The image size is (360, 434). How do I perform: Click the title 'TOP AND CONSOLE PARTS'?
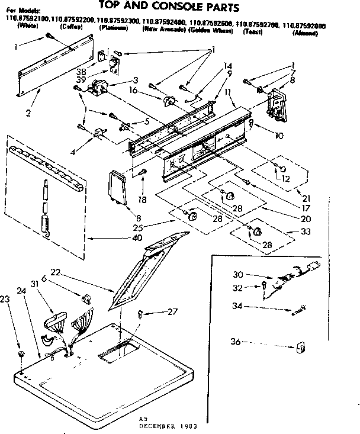(x=168, y=8)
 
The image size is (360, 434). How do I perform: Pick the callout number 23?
(x=7, y=300)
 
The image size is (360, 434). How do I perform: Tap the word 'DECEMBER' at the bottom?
(x=160, y=426)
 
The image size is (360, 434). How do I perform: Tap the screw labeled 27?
(x=140, y=314)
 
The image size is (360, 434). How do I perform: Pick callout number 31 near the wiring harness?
(x=35, y=284)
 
